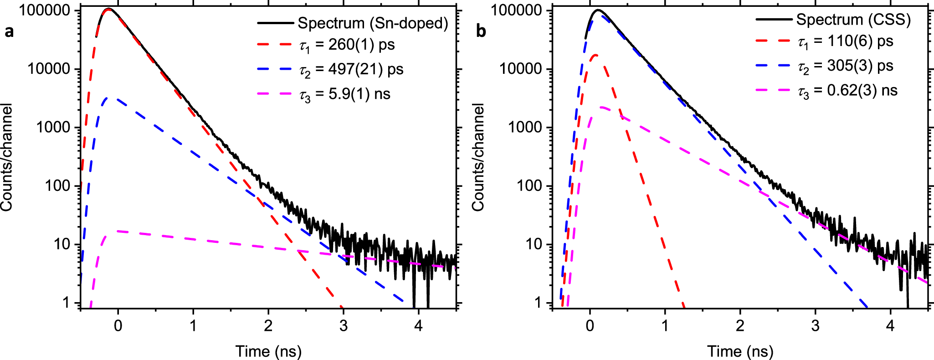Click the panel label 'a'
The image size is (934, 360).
pyautogui.click(x=9, y=32)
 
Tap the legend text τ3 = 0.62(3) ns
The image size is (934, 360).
pyautogui.click(x=847, y=91)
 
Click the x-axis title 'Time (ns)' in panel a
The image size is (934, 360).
pyautogui.click(x=268, y=351)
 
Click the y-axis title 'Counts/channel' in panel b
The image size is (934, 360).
pyautogui.click(x=478, y=157)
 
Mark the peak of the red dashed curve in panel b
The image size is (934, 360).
pyautogui.click(x=595, y=55)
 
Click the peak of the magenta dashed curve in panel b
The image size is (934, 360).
pyautogui.click(x=601, y=108)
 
